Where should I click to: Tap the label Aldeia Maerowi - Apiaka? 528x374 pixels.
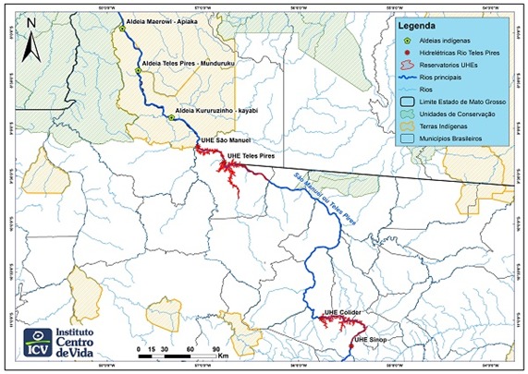(166, 17)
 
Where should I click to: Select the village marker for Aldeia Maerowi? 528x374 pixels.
(121, 29)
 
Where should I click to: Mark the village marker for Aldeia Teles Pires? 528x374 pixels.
(138, 70)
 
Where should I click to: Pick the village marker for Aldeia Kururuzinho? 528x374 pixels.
(172, 117)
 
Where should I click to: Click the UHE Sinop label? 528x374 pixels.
(371, 340)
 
